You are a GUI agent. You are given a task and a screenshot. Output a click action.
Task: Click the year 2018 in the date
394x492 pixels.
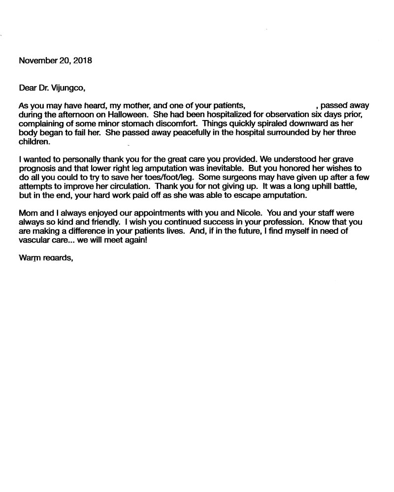[x=82, y=61]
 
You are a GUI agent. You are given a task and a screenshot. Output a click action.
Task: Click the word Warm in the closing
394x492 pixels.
[x=29, y=257]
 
